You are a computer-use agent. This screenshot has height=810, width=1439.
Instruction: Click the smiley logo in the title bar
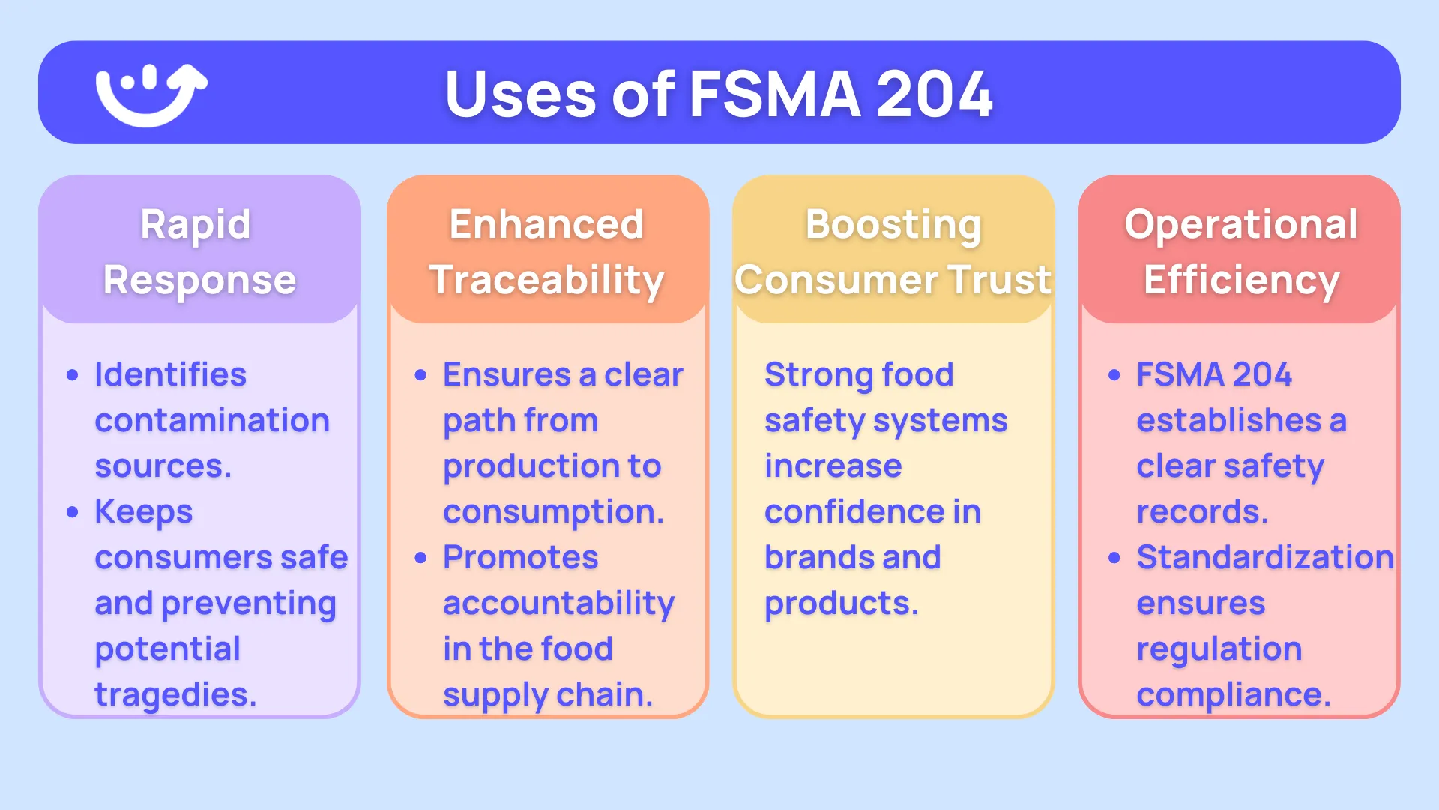151,94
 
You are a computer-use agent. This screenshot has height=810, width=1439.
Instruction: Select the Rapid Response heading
199,252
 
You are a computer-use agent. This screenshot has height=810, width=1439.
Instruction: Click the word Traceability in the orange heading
546,280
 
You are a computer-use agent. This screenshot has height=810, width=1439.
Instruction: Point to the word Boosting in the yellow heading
893,225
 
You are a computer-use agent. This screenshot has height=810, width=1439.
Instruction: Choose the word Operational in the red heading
1240,224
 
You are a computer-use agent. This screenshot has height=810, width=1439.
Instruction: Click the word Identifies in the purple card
170,374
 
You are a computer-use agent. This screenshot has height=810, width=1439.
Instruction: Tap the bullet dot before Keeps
73,512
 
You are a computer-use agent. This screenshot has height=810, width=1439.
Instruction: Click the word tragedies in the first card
174,695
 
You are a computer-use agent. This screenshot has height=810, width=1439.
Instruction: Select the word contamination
212,420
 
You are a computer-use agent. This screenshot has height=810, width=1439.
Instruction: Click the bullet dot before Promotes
421,558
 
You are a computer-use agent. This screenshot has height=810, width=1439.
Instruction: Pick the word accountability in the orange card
558,604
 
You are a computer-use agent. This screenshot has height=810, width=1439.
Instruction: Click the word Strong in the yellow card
818,374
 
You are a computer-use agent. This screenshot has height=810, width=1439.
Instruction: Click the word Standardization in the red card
1264,558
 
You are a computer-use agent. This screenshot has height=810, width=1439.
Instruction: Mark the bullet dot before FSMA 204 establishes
1114,375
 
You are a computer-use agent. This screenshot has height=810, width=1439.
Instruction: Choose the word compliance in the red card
1232,695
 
